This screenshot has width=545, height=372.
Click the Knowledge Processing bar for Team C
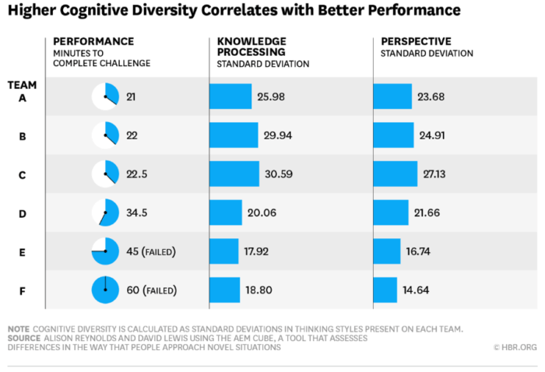pyautogui.click(x=234, y=174)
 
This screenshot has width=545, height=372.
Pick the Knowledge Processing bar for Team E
pyautogui.click(x=223, y=251)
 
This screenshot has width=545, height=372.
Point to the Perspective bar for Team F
pyautogui.click(x=385, y=290)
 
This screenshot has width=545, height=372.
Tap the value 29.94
pyautogui.click(x=279, y=135)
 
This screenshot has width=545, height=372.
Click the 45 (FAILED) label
pyautogui.click(x=151, y=251)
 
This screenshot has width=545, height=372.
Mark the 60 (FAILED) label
pyautogui.click(x=151, y=290)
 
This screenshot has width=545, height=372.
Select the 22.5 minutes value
pyautogui.click(x=138, y=174)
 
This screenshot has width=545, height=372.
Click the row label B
pyautogui.click(x=22, y=135)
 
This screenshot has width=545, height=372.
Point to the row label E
pyautogui.click(x=22, y=251)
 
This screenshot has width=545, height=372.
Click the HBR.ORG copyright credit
pyautogui.click(x=515, y=347)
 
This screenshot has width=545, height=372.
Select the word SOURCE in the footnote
pyautogui.click(x=25, y=339)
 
